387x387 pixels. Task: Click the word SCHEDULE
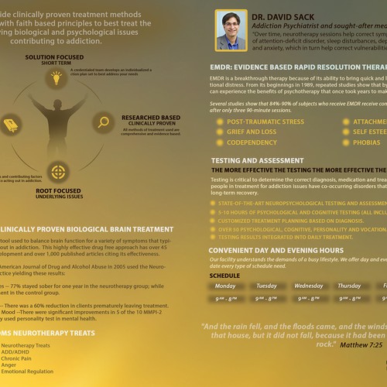pyautogui.click(x=225, y=275)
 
